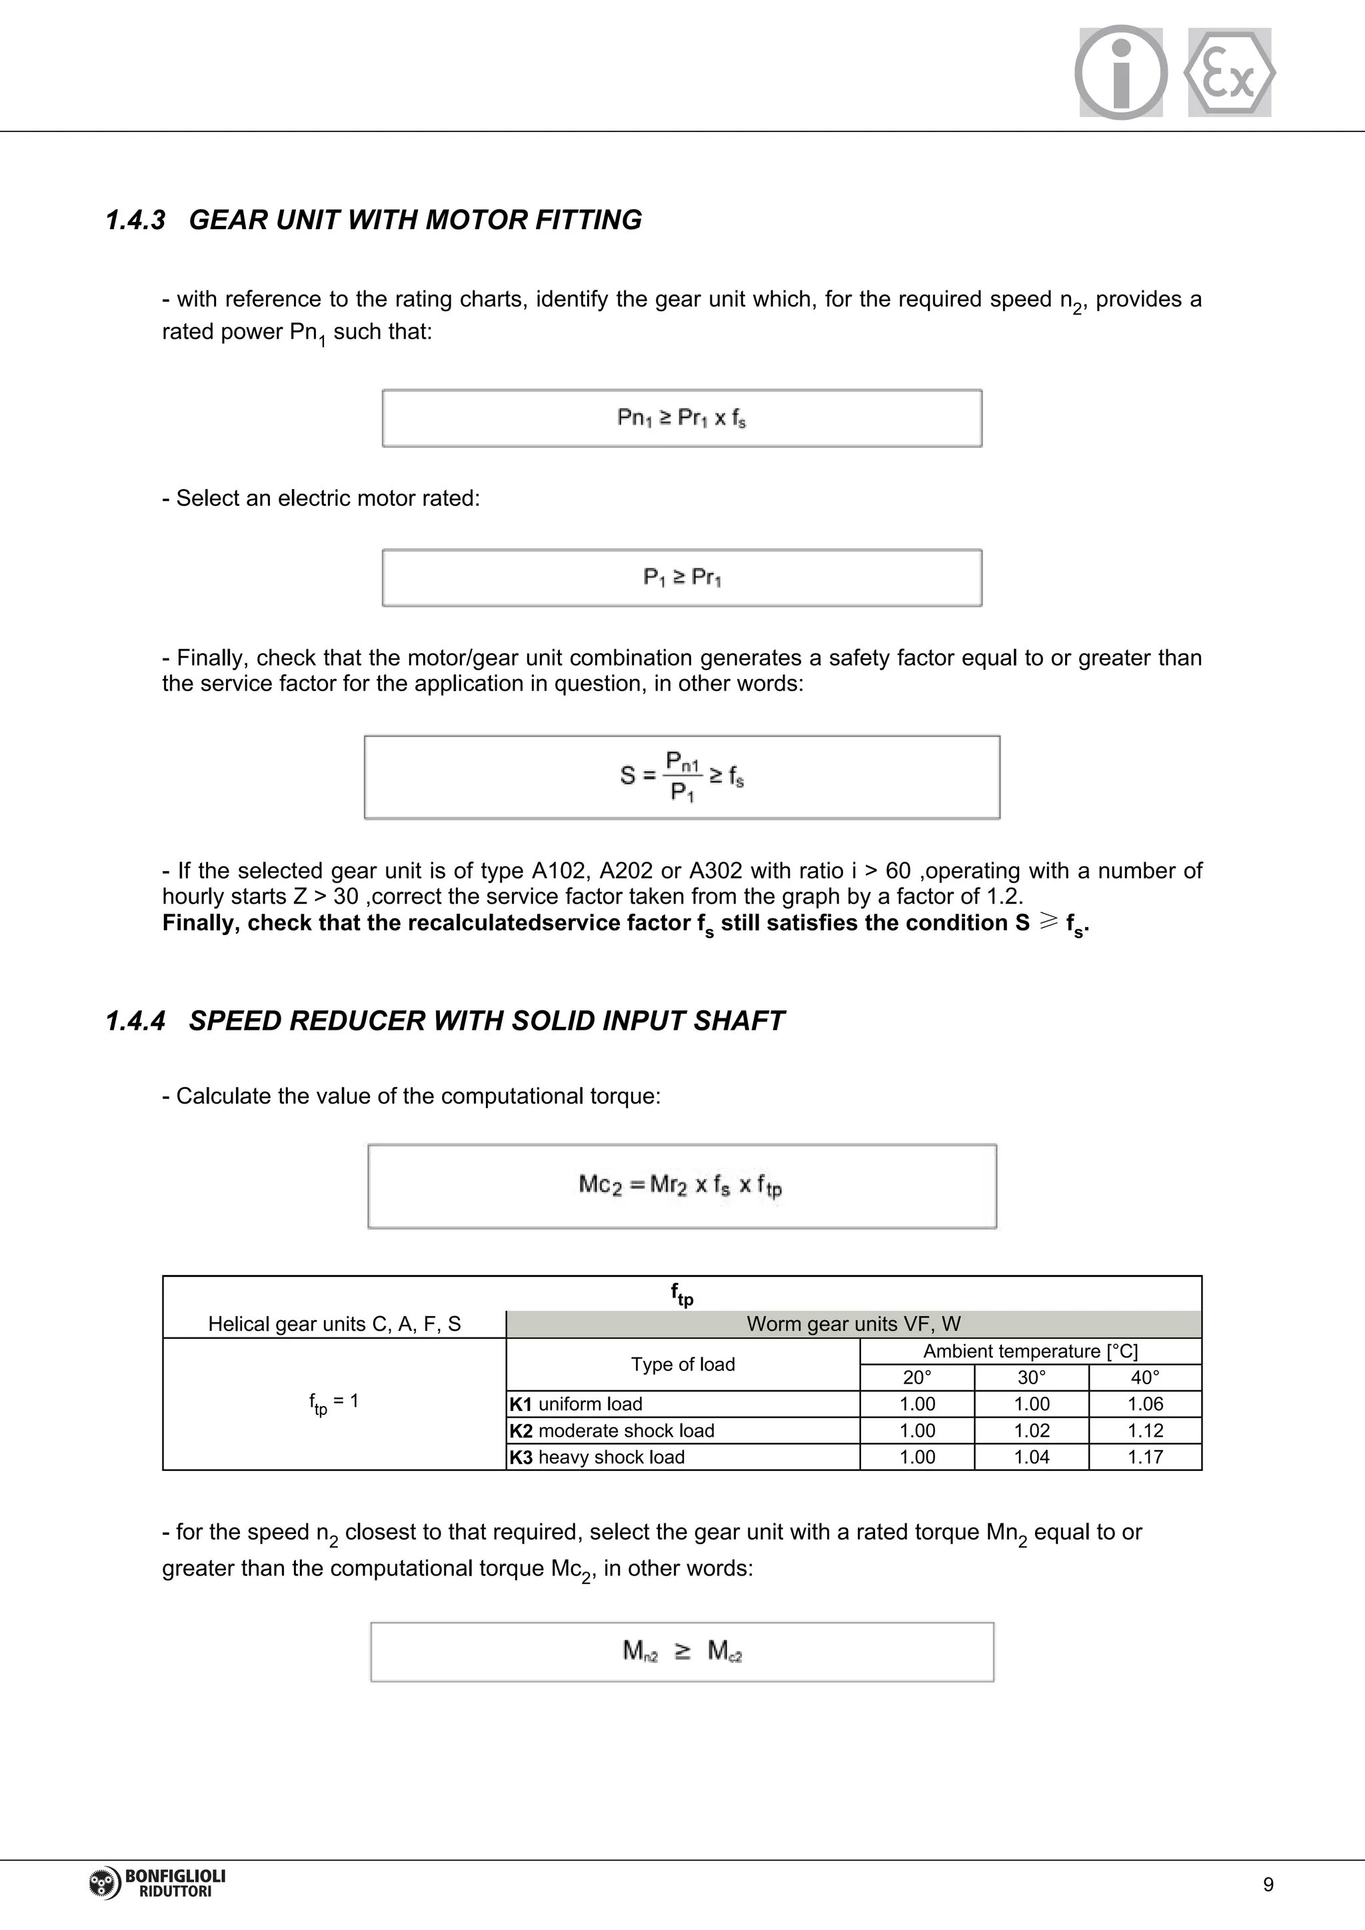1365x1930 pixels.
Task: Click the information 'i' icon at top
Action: coord(1120,72)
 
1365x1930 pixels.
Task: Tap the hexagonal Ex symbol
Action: coord(1229,72)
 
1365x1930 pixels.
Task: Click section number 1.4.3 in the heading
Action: coord(135,220)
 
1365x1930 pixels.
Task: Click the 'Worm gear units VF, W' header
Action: coord(853,1324)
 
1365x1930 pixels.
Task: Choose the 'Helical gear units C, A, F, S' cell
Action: coord(335,1324)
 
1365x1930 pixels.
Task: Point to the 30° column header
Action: coord(1031,1377)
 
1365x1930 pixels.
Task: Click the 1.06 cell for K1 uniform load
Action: coord(1145,1404)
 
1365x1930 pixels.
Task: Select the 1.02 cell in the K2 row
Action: coord(1031,1431)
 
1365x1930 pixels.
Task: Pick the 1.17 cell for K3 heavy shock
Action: coord(1145,1457)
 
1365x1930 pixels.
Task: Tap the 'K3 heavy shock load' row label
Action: coord(598,1457)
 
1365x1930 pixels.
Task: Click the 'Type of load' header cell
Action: coord(682,1364)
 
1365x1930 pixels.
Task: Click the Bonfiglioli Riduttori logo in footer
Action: coord(157,1883)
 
